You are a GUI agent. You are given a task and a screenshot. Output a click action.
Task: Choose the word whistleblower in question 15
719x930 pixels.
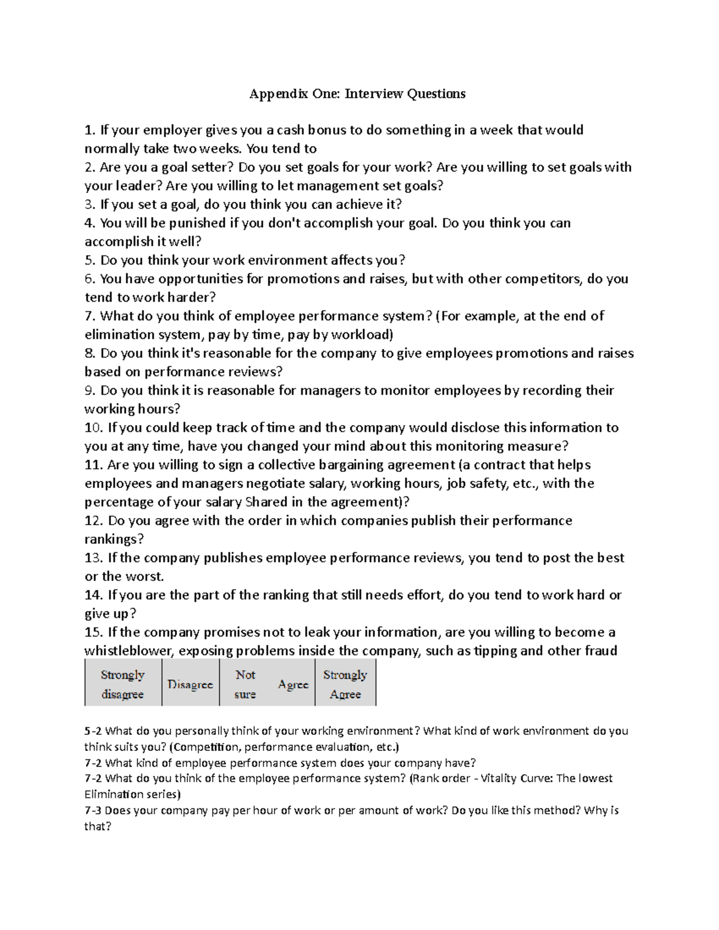[x=123, y=651]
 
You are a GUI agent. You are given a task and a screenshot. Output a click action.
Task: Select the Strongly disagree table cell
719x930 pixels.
[x=123, y=684]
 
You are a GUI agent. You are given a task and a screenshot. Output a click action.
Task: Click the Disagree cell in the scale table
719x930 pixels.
[x=190, y=684]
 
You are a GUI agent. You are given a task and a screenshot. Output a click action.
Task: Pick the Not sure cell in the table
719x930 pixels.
[x=245, y=684]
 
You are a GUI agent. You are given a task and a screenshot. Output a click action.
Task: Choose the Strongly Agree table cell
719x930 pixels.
[x=345, y=684]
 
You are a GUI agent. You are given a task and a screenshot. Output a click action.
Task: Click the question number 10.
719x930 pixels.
[x=93, y=428]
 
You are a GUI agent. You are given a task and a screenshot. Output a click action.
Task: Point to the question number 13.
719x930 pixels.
[x=93, y=558]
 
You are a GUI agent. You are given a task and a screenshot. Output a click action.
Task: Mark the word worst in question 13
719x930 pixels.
[x=144, y=577]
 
